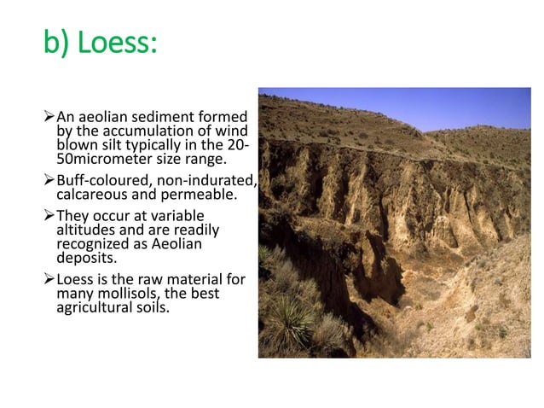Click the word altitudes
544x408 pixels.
[89, 230]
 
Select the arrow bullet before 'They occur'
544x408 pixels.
[48, 217]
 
